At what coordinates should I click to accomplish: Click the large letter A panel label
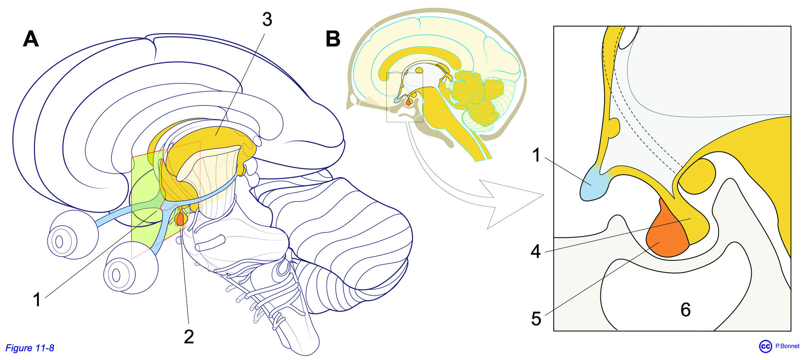pyautogui.click(x=31, y=39)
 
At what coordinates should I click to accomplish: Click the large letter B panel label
pyautogui.click(x=333, y=39)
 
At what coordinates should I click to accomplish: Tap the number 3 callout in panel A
pyautogui.click(x=267, y=19)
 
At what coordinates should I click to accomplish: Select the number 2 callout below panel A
pyautogui.click(x=189, y=337)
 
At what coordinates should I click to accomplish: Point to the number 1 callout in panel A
pyautogui.click(x=37, y=299)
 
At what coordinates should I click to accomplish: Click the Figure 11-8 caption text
pyautogui.click(x=30, y=348)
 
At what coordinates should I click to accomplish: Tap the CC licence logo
pyautogui.click(x=765, y=346)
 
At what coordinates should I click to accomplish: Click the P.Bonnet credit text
pyautogui.click(x=787, y=346)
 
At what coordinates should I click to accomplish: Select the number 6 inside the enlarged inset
pyautogui.click(x=685, y=310)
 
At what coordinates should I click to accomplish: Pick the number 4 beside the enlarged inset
pyautogui.click(x=536, y=251)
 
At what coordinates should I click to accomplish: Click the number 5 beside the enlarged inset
pyautogui.click(x=536, y=319)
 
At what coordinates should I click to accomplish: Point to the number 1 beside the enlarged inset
pyautogui.click(x=536, y=155)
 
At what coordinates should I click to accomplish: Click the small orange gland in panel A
pyautogui.click(x=180, y=219)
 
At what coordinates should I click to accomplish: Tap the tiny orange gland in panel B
pyautogui.click(x=408, y=102)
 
